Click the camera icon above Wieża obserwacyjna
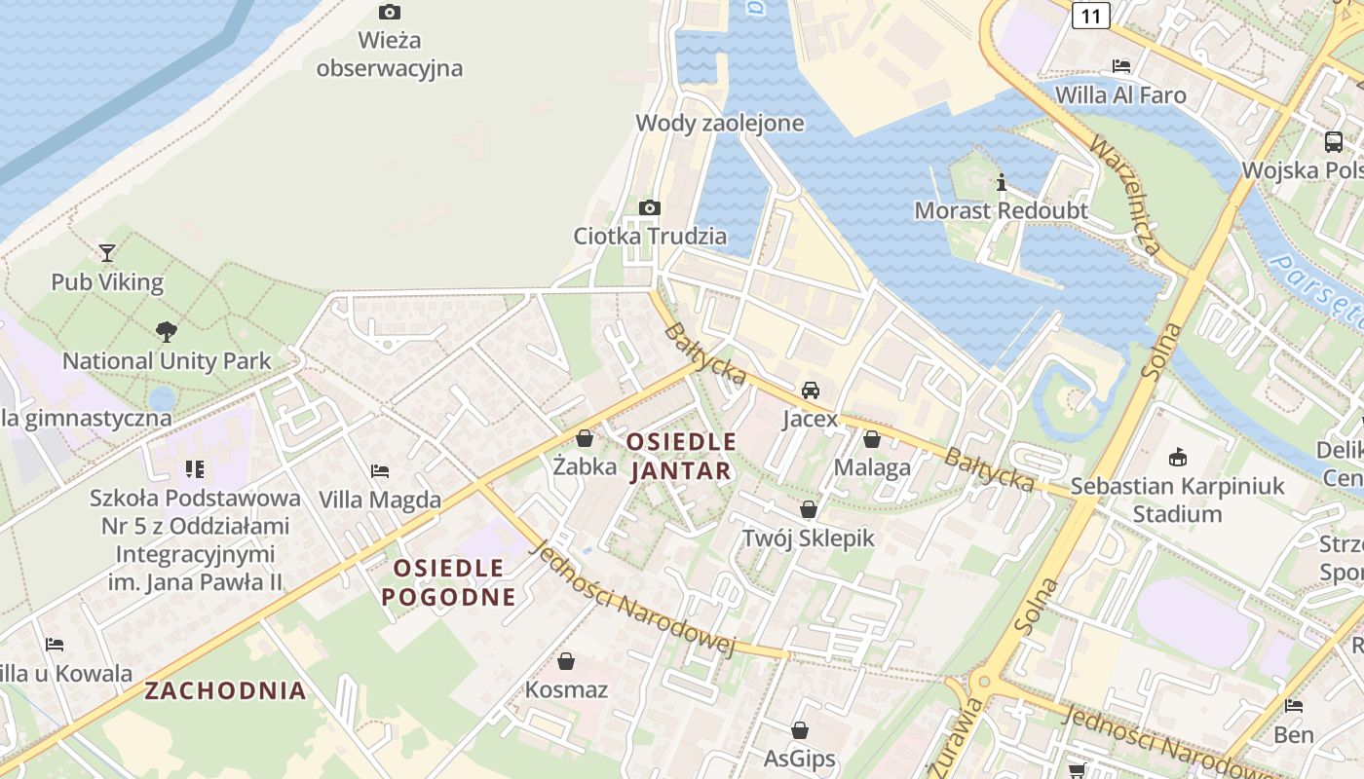[389, 13]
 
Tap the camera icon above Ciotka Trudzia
[649, 207]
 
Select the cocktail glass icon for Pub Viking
[107, 253]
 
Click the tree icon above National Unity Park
[167, 331]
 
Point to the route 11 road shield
[1091, 15]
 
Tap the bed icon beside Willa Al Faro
[1121, 66]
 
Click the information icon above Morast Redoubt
[1001, 182]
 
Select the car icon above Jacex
[810, 390]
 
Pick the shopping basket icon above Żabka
[585, 439]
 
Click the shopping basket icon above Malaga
[872, 439]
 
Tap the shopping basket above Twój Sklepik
[808, 509]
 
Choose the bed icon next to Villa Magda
[380, 471]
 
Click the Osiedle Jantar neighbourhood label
[681, 456]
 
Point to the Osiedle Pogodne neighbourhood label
[448, 582]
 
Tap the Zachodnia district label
[226, 691]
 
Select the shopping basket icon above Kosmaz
[566, 662]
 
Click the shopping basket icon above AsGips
[800, 730]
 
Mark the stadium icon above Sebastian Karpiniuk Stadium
[1177, 457]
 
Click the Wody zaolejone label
[720, 123]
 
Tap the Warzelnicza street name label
[1124, 195]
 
